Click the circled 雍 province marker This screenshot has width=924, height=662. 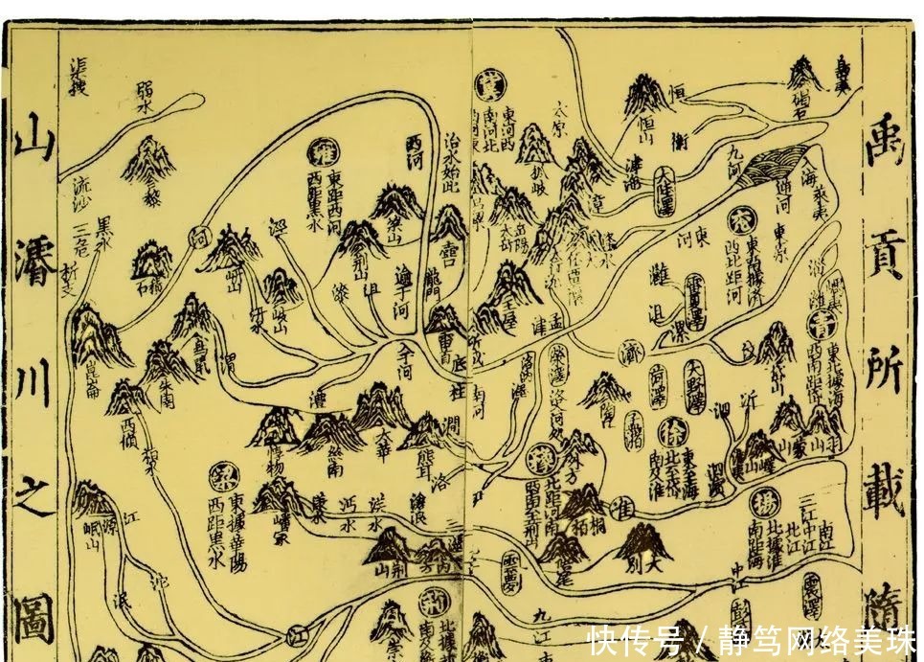click(x=322, y=152)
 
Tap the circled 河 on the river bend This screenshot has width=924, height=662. click(x=198, y=233)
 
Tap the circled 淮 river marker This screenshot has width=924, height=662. click(x=628, y=505)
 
